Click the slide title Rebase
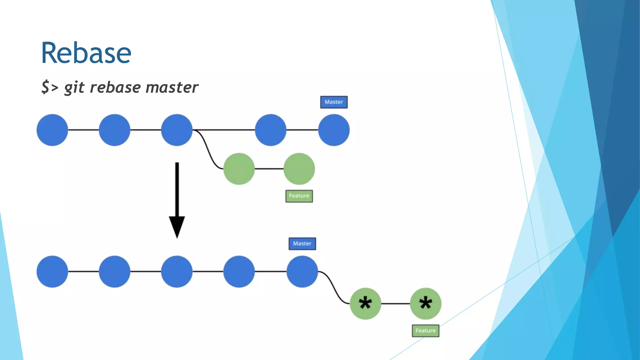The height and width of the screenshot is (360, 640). [x=86, y=53]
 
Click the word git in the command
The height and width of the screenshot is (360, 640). [x=74, y=87]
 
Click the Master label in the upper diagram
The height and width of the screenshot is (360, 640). [x=334, y=102]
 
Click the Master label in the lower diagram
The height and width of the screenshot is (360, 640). [x=302, y=244]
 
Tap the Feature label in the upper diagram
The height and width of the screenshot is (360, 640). [x=299, y=196]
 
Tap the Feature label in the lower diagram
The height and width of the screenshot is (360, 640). [x=425, y=331]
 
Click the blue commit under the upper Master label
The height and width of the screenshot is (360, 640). [x=334, y=130]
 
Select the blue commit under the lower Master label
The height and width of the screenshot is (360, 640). [x=302, y=272]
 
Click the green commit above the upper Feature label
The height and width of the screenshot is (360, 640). [x=299, y=169]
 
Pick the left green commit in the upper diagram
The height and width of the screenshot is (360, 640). [x=239, y=169]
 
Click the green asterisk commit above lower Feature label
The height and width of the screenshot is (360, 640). [x=426, y=303]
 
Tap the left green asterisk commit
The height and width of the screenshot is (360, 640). [x=365, y=303]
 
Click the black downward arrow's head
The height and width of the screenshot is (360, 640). [x=177, y=227]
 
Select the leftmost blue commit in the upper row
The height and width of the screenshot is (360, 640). [x=52, y=130]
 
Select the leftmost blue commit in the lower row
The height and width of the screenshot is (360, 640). [x=52, y=272]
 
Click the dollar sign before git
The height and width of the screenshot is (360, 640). [x=46, y=87]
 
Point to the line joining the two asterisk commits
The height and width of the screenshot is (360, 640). [x=395, y=303]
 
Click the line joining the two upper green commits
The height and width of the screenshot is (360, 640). [x=269, y=169]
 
